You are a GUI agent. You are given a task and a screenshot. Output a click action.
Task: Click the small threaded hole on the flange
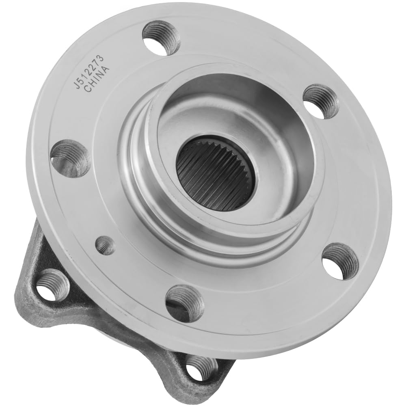[105, 245]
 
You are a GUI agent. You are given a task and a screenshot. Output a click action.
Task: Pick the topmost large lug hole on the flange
[161, 37]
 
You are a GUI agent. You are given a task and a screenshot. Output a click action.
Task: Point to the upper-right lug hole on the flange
[321, 101]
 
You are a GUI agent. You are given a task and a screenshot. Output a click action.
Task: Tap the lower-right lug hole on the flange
[340, 261]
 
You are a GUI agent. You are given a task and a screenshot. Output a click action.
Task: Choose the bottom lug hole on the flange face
[184, 303]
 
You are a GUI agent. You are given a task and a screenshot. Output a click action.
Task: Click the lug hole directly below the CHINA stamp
[70, 158]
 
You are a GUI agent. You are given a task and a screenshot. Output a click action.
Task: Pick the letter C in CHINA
[87, 90]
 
